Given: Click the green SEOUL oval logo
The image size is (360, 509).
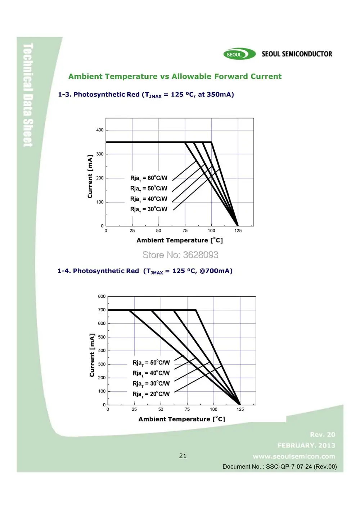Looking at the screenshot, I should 239,54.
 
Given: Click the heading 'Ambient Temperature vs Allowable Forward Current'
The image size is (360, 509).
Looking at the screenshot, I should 175,76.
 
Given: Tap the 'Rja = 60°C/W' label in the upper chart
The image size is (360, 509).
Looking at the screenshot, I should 149,178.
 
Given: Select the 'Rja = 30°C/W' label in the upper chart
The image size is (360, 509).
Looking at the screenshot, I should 149,209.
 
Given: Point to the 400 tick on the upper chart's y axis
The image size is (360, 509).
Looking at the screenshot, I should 100,130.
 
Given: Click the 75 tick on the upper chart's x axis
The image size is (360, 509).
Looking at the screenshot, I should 185,231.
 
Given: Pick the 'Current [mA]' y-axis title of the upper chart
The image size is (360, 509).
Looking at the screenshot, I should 90,177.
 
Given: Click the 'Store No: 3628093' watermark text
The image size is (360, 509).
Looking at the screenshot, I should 180,255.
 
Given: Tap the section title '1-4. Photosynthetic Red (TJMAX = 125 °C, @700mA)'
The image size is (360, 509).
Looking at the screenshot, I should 145,271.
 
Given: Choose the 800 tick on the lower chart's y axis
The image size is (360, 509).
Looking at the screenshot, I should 102,296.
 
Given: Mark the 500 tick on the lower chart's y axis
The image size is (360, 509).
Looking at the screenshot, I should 102,337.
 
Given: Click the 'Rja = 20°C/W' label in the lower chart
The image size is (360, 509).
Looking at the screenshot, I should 151,394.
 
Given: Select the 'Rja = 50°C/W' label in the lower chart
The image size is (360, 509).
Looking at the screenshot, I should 151,363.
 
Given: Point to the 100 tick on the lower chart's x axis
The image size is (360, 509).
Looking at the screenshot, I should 214,409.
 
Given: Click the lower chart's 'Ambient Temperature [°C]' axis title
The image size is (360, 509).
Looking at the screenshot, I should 182,419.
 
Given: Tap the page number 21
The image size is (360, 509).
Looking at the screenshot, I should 183,456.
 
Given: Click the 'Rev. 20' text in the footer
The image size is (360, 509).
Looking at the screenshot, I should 323,435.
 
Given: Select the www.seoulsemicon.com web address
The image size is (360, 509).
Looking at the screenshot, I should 294,456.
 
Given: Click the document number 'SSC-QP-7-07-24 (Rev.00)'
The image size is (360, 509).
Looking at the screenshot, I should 301,467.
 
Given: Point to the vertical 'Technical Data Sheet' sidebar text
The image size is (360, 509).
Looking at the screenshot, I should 28,95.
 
